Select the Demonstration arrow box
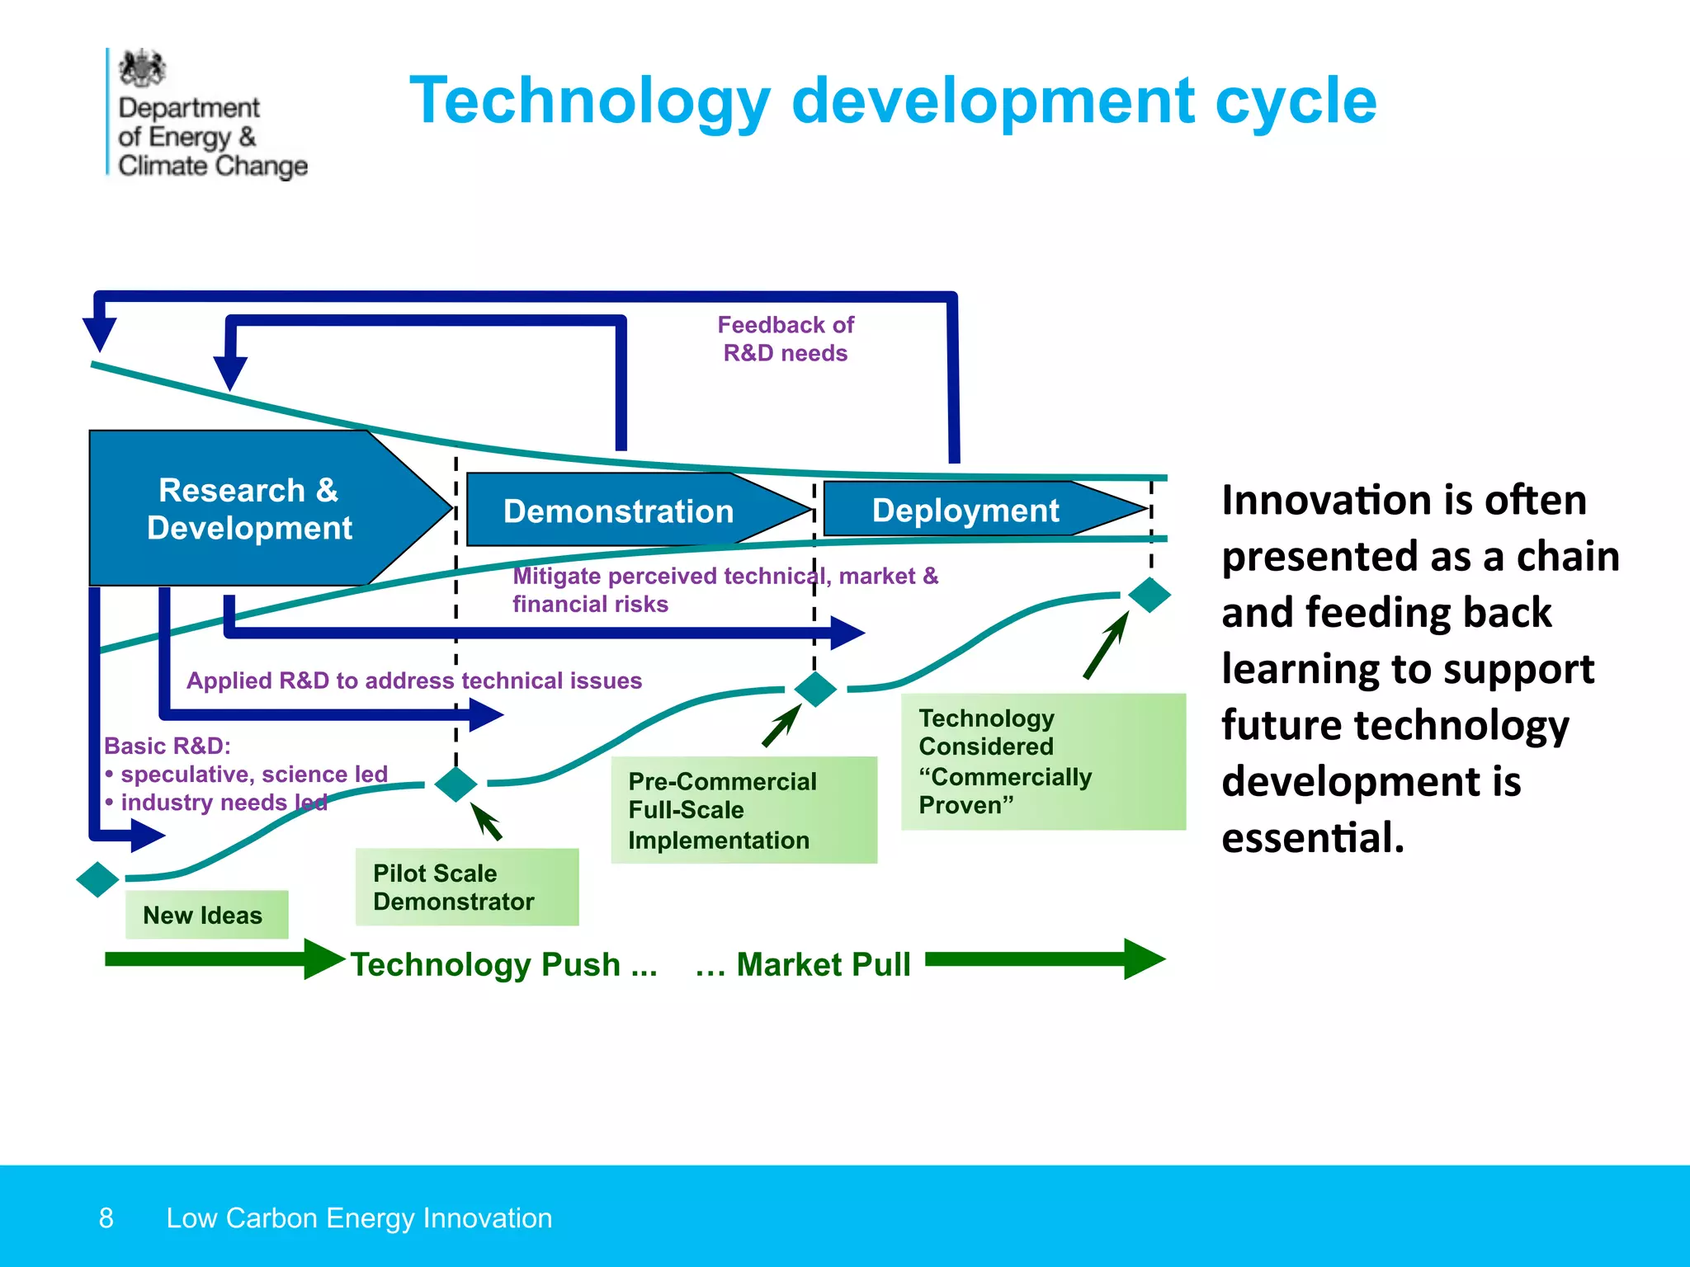click(619, 511)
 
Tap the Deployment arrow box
click(965, 510)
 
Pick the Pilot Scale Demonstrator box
click(466, 887)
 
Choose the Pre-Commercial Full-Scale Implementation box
click(743, 810)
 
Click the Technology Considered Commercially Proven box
click(1042, 761)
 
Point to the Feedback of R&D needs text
click(785, 339)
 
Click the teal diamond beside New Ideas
click(97, 879)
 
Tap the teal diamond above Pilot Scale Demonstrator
click(456, 784)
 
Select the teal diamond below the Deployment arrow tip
click(1149, 595)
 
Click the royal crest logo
click(143, 68)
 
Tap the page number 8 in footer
click(106, 1218)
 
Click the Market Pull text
click(804, 964)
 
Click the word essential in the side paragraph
click(1312, 837)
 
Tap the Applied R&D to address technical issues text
click(413, 681)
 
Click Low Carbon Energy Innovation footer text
click(359, 1218)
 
